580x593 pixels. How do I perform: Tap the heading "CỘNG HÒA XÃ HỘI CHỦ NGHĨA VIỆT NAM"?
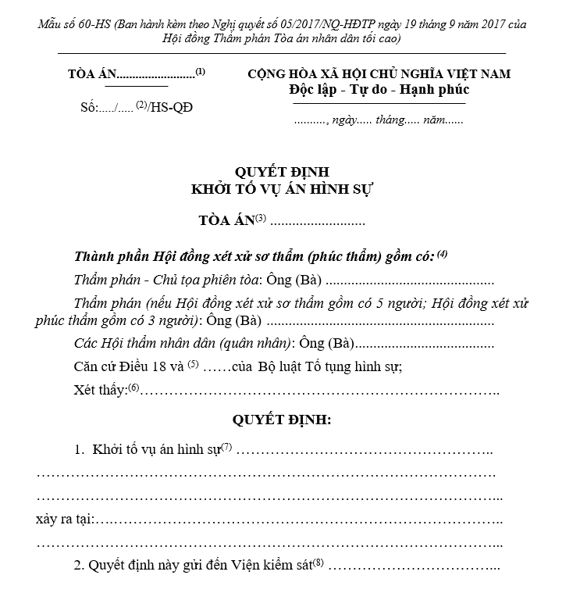379,73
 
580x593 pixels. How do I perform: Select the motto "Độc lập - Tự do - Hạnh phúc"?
379,89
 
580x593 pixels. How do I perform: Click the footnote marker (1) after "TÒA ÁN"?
201,71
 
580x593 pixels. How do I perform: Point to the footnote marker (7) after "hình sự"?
226,447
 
